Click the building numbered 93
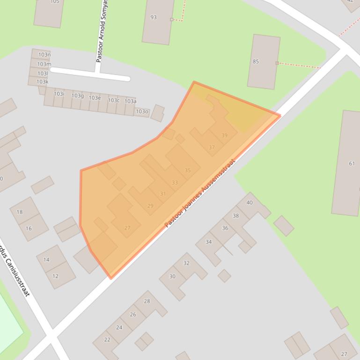(x=158, y=21)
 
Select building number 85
(x=263, y=62)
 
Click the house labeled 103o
(x=141, y=112)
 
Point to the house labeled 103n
(x=41, y=55)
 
